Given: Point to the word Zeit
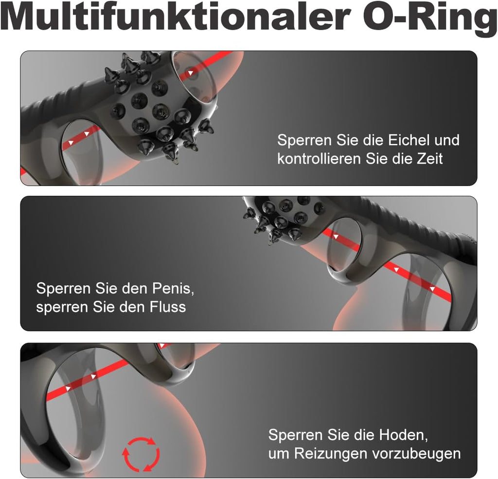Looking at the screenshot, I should (428, 159).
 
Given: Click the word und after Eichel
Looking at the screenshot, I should (446, 140).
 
